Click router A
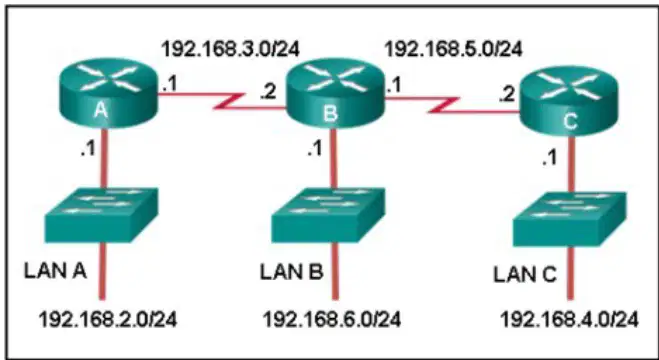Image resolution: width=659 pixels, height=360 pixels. tap(108, 94)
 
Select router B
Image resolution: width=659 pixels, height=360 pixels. tap(335, 93)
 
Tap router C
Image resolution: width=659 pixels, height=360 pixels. tap(569, 101)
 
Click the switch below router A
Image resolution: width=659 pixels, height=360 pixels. tap(101, 215)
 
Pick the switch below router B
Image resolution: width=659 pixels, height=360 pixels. tap(328, 215)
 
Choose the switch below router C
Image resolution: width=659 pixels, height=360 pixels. tap(569, 219)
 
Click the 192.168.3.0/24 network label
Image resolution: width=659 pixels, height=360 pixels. tap(231, 50)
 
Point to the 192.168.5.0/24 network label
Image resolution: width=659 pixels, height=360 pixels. tap(454, 50)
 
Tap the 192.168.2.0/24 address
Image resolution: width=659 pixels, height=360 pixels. tap(108, 319)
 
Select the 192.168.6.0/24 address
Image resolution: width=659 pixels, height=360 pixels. tap(332, 319)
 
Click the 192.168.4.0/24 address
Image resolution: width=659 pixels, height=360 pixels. tap(569, 320)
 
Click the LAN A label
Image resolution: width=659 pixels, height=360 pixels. tap(55, 271)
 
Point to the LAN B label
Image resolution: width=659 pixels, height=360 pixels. tap(292, 272)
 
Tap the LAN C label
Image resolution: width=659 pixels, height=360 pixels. tap(525, 275)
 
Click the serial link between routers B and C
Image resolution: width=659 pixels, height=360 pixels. tap(451, 105)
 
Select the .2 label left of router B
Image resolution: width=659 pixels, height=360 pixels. tap(268, 92)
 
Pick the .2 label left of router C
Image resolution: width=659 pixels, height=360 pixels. tap(507, 95)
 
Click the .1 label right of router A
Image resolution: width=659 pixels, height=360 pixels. tap(170, 85)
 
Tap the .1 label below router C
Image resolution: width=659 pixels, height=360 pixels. tap(549, 158)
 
